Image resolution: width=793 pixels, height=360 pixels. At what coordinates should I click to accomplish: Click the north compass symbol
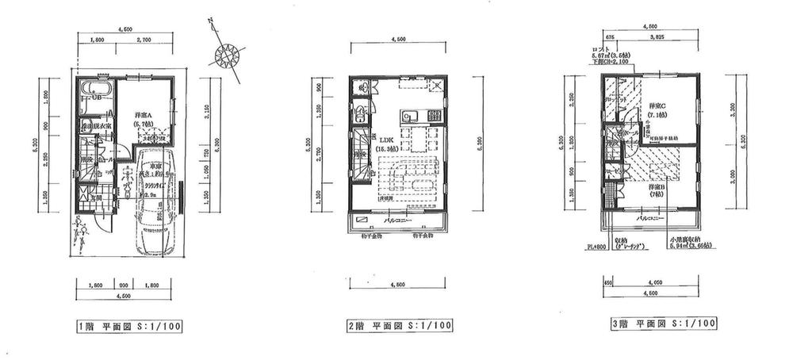pyautogui.click(x=228, y=55)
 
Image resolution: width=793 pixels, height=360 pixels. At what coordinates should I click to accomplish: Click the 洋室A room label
pyautogui.click(x=144, y=115)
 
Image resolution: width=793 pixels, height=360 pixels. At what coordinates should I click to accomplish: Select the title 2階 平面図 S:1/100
pyautogui.click(x=399, y=325)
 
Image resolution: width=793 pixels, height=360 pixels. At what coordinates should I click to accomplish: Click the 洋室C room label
pyautogui.click(x=657, y=105)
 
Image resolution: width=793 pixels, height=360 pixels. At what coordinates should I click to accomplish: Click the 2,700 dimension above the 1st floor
pyautogui.click(x=144, y=39)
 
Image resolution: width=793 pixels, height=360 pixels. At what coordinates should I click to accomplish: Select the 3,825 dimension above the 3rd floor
pyautogui.click(x=657, y=36)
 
